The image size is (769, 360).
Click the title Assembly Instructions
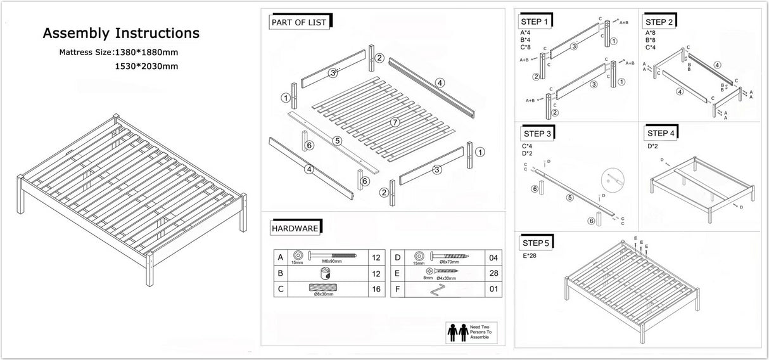pyautogui.click(x=120, y=33)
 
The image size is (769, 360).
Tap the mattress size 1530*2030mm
pyautogui.click(x=146, y=66)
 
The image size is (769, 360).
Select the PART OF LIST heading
pyautogui.click(x=298, y=22)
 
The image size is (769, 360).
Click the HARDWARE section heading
pyautogui.click(x=295, y=228)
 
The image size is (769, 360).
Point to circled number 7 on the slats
pyautogui.click(x=394, y=122)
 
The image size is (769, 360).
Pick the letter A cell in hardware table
pyautogui.click(x=280, y=257)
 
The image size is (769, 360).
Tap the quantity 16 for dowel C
pyautogui.click(x=377, y=289)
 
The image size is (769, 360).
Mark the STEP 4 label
pyautogui.click(x=661, y=133)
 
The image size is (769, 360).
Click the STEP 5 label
pyautogui.click(x=536, y=243)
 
